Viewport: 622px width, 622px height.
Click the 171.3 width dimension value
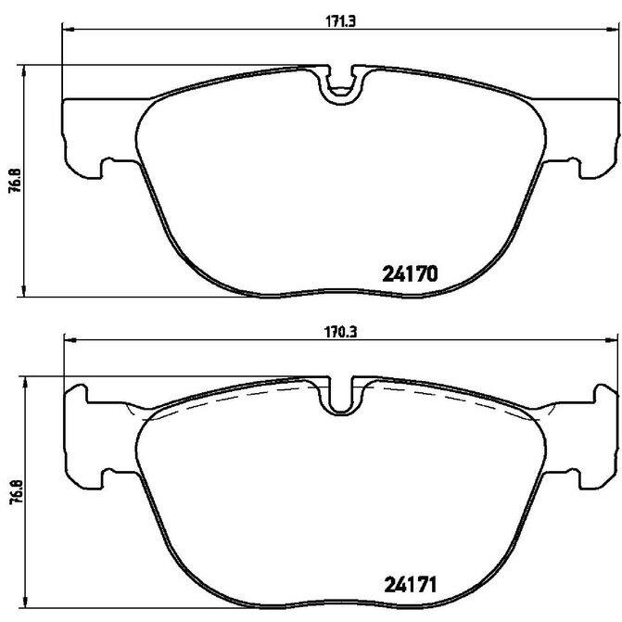(x=341, y=21)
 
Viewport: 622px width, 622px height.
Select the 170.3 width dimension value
(x=341, y=332)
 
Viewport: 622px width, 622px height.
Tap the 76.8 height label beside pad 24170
(x=15, y=182)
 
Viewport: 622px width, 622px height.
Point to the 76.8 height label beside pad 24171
(x=15, y=492)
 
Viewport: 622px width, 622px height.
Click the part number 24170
(x=410, y=273)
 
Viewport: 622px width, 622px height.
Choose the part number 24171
(x=410, y=585)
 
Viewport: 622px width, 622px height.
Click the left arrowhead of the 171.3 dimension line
(x=69, y=29)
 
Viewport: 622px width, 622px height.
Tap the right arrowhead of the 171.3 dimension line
(x=613, y=29)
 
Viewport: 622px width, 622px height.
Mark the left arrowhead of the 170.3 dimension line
(x=70, y=339)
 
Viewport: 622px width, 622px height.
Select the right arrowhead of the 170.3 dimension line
(x=612, y=339)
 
